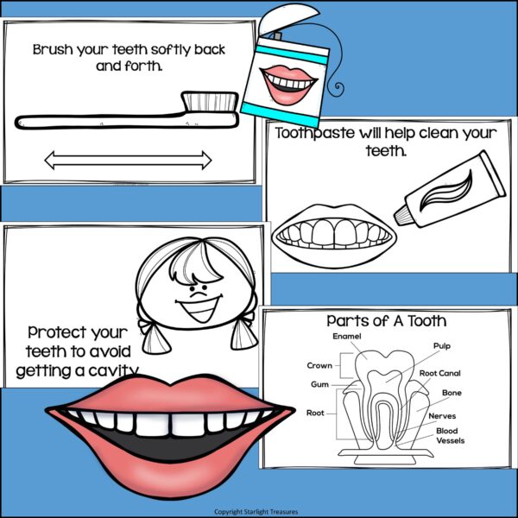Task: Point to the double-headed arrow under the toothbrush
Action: [128, 160]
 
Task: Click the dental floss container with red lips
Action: [285, 73]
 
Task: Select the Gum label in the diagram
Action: [319, 384]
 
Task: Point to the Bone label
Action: [452, 393]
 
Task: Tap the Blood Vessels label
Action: [450, 435]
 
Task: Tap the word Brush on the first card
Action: [54, 49]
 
